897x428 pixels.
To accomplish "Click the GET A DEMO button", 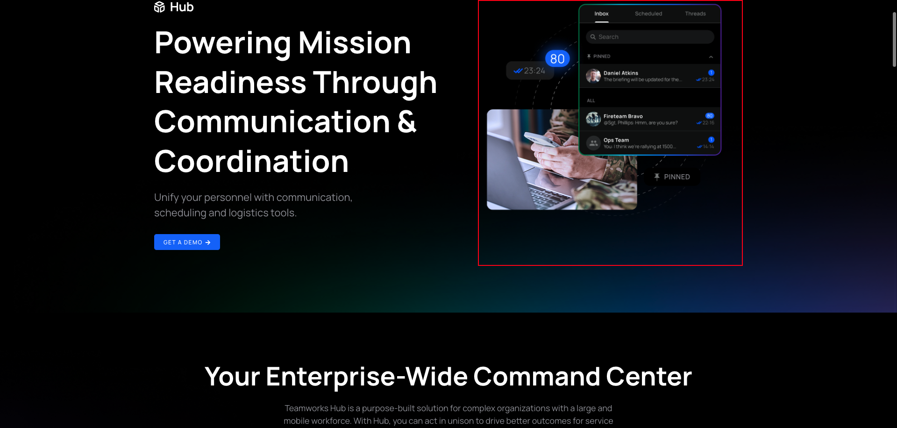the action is click(187, 242).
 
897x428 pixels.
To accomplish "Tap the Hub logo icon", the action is click(159, 7).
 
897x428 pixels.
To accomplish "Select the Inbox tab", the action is click(601, 14).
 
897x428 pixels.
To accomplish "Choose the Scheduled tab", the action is click(648, 14).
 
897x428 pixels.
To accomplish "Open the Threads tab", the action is click(695, 14).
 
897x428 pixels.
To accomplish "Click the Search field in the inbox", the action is click(650, 37).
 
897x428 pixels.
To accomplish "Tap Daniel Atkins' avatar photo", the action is click(593, 76).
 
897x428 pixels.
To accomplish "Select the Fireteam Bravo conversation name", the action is click(623, 116).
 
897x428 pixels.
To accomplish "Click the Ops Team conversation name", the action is click(616, 140).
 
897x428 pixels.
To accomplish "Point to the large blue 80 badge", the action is click(557, 59).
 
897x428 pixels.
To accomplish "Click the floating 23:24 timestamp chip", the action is click(530, 71).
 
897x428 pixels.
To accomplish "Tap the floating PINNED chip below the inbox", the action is click(672, 177).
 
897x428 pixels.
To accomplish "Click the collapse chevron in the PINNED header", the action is click(711, 57).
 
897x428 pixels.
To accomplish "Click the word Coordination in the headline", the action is click(251, 162).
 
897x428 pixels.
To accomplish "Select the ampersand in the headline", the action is click(407, 122).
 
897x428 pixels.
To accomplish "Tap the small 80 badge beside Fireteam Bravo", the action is click(710, 116).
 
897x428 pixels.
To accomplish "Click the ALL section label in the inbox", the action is click(591, 100).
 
